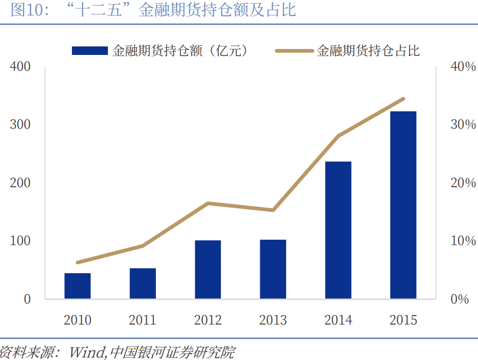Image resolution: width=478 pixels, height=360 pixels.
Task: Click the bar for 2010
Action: (x=77, y=286)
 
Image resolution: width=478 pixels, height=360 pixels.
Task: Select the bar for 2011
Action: (x=143, y=284)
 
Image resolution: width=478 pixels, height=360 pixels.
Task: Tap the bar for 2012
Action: (x=208, y=270)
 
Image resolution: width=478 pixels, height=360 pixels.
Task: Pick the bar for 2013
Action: (x=273, y=270)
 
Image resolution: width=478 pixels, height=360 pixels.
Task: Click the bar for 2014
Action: (x=338, y=230)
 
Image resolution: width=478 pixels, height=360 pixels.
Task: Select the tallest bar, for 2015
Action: (x=403, y=205)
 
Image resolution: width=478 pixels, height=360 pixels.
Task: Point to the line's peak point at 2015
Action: (x=403, y=99)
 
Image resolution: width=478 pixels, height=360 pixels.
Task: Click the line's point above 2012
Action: (x=208, y=203)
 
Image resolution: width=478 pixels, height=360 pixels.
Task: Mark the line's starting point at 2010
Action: (x=77, y=263)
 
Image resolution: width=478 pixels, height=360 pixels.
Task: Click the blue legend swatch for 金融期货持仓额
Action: (x=90, y=50)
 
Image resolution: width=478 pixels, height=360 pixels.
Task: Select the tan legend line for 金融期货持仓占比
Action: (x=295, y=50)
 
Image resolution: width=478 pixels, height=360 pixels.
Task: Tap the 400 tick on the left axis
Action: (x=20, y=66)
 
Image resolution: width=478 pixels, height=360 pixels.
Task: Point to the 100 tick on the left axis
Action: (x=20, y=241)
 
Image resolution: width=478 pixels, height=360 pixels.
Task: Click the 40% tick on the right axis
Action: (x=463, y=66)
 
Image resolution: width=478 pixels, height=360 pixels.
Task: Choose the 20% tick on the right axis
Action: (x=463, y=183)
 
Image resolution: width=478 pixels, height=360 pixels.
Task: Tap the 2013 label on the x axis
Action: (x=273, y=320)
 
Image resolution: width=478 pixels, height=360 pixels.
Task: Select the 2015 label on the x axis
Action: (x=403, y=320)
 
